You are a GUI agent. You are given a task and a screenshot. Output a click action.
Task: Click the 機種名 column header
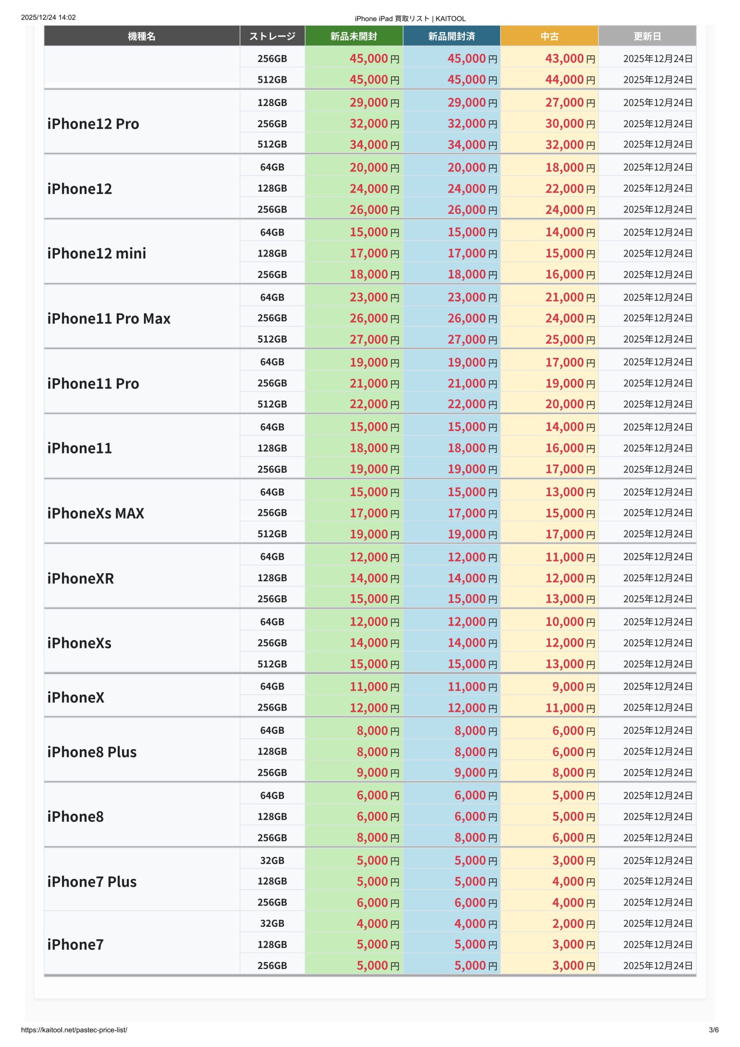pyautogui.click(x=142, y=36)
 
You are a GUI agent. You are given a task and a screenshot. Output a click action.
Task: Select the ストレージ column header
pyautogui.click(x=272, y=36)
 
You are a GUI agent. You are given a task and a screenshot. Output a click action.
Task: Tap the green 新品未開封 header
pyautogui.click(x=354, y=36)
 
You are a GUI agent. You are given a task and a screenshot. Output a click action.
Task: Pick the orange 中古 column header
pyautogui.click(x=549, y=36)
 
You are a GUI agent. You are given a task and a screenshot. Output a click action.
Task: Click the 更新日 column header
pyautogui.click(x=647, y=36)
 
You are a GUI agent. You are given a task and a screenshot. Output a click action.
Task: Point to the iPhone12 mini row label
pyautogui.click(x=96, y=253)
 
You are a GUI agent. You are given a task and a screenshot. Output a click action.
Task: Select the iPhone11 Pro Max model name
pyautogui.click(x=109, y=318)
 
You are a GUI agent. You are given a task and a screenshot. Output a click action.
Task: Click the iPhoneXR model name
pyautogui.click(x=81, y=578)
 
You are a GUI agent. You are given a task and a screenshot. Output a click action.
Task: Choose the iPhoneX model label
pyautogui.click(x=76, y=697)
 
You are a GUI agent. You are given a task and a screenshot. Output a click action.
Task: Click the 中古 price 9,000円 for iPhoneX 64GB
pyautogui.click(x=573, y=687)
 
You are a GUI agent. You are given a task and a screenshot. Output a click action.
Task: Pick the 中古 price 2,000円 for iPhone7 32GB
pyautogui.click(x=573, y=923)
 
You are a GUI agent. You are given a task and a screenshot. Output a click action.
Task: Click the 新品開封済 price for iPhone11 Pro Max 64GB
pyautogui.click(x=472, y=297)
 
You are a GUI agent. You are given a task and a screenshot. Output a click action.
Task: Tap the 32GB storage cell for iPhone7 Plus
pyautogui.click(x=272, y=861)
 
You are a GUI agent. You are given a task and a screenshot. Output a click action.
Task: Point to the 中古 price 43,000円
pyautogui.click(x=570, y=58)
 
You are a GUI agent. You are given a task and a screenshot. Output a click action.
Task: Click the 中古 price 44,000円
pyautogui.click(x=570, y=80)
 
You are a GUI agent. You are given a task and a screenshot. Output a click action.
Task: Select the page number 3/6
pyautogui.click(x=713, y=1030)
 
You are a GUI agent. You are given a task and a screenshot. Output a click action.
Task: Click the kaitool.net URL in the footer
pyautogui.click(x=74, y=1030)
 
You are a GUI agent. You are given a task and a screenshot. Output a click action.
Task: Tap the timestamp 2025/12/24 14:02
pyautogui.click(x=48, y=17)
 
